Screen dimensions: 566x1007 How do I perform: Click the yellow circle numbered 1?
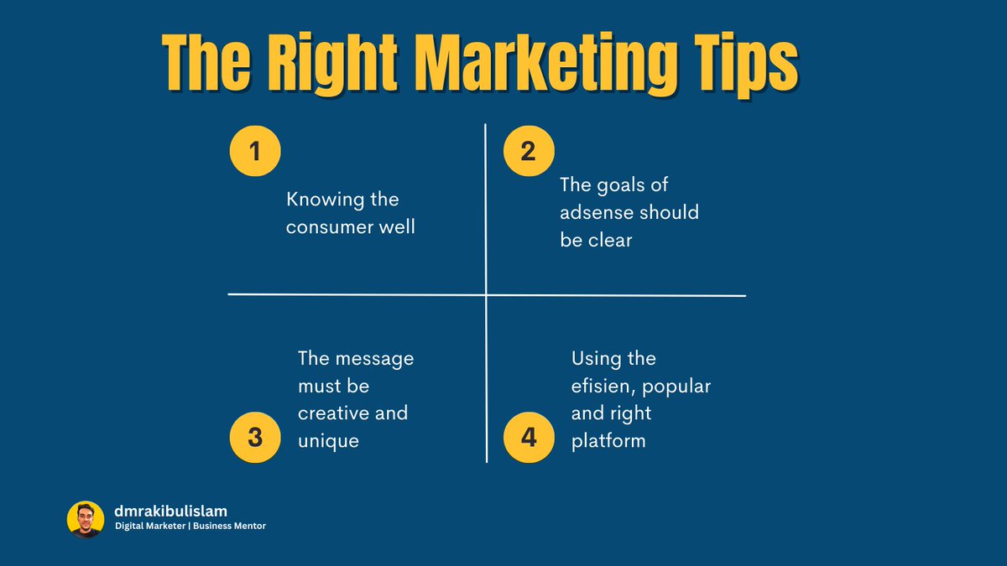pyautogui.click(x=254, y=152)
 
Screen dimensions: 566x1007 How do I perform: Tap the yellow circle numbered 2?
pyautogui.click(x=528, y=152)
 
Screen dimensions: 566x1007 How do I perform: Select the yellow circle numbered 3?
pyautogui.click(x=254, y=436)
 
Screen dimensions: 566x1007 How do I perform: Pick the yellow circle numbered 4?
pyautogui.click(x=528, y=436)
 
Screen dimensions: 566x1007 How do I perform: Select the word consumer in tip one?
pyautogui.click(x=331, y=227)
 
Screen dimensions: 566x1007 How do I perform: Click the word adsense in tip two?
pyautogui.click(x=595, y=212)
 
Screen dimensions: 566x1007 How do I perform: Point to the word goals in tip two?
pyautogui.click(x=622, y=184)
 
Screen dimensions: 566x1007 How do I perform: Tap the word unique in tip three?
pyautogui.click(x=328, y=440)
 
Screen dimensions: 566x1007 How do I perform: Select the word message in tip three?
pyautogui.click(x=373, y=358)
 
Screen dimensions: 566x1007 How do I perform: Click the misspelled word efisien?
pyautogui.click(x=602, y=387)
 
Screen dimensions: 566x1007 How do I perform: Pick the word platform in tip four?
pyautogui.click(x=608, y=440)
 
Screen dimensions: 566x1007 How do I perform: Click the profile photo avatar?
pyautogui.click(x=86, y=520)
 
